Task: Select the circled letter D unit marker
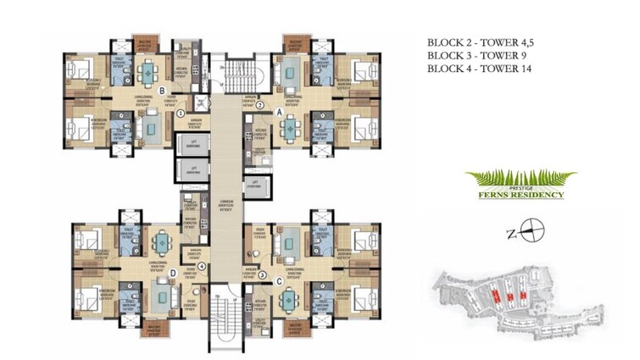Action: tap(173, 272)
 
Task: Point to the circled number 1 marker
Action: tap(180, 113)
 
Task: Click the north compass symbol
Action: tap(531, 227)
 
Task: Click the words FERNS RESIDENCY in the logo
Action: tap(521, 195)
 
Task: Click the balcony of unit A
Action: tap(295, 43)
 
